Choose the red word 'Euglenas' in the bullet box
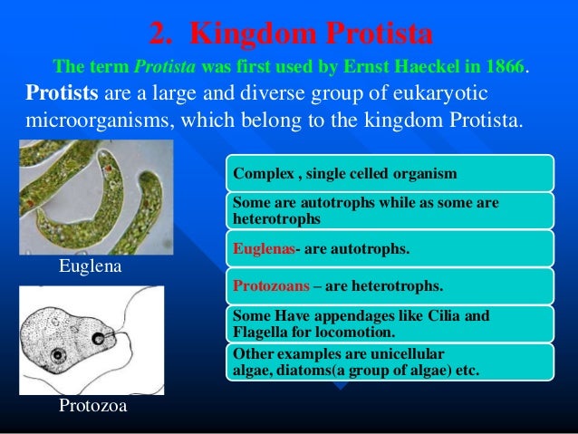pyautogui.click(x=262, y=247)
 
